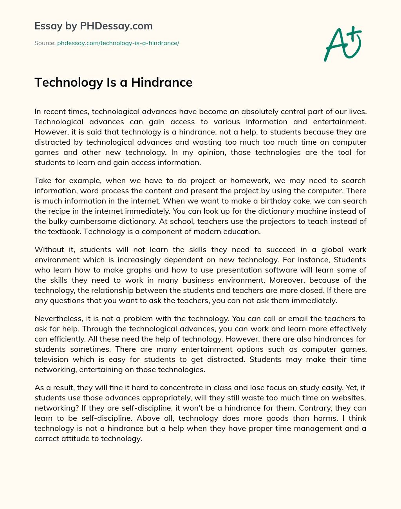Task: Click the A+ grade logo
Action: pyautogui.click(x=342, y=44)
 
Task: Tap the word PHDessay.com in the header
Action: pyautogui.click(x=116, y=26)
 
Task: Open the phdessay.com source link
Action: pyautogui.click(x=118, y=43)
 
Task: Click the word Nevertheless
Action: pyautogui.click(x=58, y=318)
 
